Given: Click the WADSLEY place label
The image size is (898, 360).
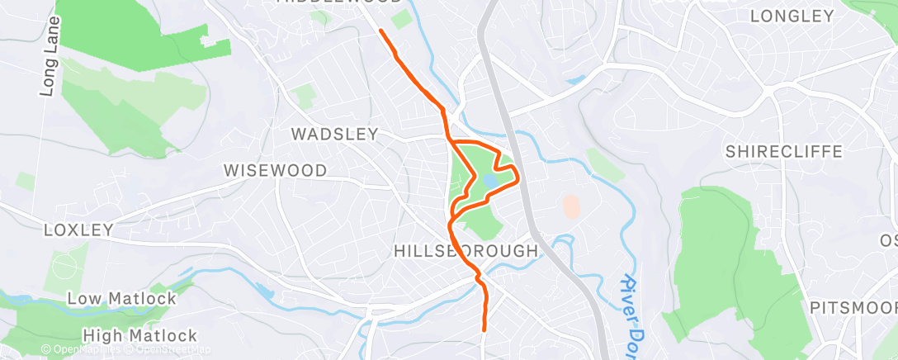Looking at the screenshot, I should tap(334, 134).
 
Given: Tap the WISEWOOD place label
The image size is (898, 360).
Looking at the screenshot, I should tap(276, 170).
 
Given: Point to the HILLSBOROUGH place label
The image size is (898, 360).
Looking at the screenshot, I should tap(466, 250).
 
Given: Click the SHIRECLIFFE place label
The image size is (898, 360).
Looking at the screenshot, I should tap(783, 152).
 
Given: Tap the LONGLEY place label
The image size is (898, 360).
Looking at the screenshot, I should tap(792, 16).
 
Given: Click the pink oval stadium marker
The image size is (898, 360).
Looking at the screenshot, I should tap(570, 206).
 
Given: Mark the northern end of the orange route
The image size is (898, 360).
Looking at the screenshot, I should tap(380, 31).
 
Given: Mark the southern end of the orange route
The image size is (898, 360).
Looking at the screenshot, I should tap(484, 329).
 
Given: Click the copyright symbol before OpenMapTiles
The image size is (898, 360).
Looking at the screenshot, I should tap(45, 350).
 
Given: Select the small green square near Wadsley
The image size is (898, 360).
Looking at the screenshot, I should tap(305, 97).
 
